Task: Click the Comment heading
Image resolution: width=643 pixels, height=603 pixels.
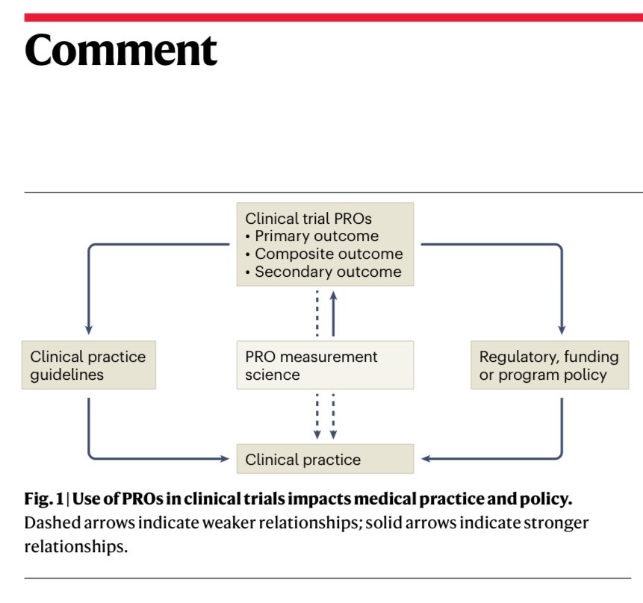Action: pos(120,50)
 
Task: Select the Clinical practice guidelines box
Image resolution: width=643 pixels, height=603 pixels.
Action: pos(89,365)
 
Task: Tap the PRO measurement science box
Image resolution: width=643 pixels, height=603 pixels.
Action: pos(325,365)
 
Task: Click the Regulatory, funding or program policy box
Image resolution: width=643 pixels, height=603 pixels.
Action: pos(550,365)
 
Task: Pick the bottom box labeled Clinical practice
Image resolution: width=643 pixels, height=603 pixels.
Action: pos(325,459)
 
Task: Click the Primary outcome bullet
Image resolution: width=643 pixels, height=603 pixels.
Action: pos(312,236)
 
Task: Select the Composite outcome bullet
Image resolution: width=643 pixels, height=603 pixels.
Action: pos(324,254)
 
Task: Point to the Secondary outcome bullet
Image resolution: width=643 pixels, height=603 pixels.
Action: pos(323,272)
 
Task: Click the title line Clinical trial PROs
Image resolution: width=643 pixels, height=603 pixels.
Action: pos(308,219)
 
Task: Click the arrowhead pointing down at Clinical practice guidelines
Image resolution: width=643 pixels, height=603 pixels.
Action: pos(89,330)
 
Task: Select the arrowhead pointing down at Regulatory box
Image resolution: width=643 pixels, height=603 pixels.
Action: pos(562,330)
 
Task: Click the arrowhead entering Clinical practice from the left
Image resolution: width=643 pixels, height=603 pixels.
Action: pos(225,459)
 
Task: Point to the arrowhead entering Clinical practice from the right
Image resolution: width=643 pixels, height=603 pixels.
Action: pos(426,459)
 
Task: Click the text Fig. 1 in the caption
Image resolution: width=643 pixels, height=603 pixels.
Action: pos(44,499)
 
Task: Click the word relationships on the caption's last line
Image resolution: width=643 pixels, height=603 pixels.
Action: pos(76,547)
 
